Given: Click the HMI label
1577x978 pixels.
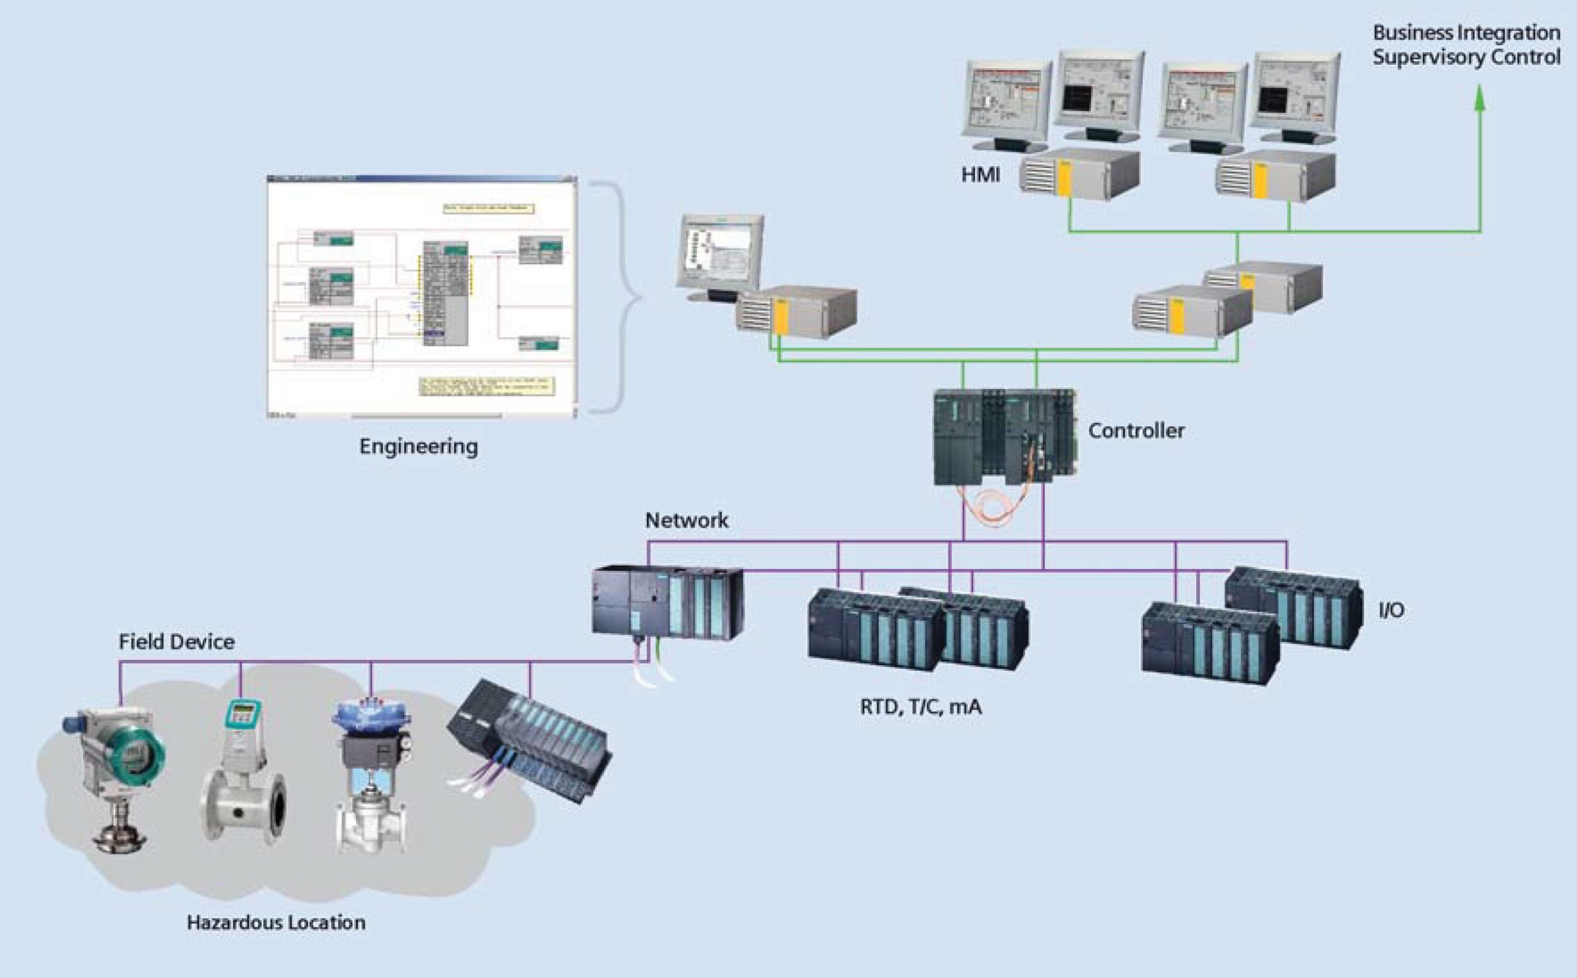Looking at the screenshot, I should pos(980,176).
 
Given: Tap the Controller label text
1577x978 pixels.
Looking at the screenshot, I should pos(1136,430).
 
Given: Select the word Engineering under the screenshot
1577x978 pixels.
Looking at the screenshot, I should pos(418,447).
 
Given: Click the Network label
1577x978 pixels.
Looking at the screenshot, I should pos(686,520).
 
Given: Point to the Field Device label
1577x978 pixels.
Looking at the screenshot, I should pos(176,642).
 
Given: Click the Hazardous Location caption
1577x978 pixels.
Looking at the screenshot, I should pos(275,923).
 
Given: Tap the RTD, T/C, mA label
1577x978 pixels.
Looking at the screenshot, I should pos(920,707).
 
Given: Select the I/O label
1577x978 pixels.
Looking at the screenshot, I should pos(1391,610).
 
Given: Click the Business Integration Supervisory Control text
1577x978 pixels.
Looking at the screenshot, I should pos(1466,44).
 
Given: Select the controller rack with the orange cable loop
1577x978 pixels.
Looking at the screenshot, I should pos(1004,437).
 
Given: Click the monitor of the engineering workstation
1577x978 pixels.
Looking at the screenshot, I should pos(720,253).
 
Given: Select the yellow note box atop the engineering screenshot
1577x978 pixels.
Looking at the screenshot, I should pos(489,208).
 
